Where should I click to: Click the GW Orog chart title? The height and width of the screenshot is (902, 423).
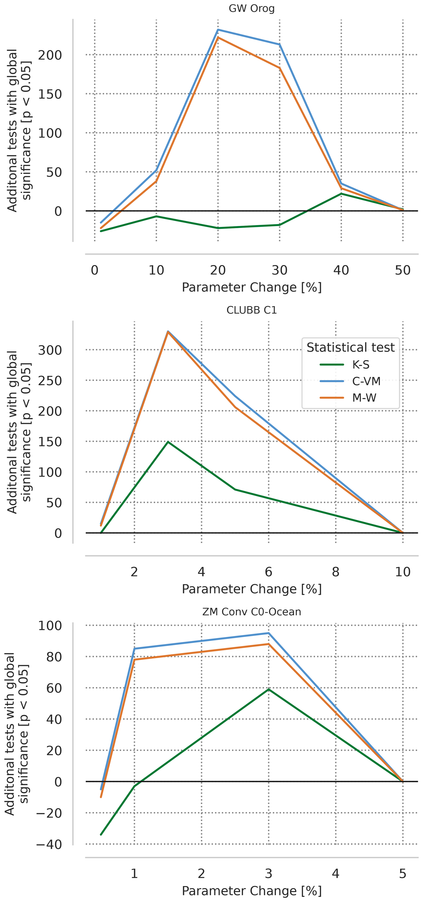[x=252, y=9]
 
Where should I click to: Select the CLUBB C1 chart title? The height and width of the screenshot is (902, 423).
[x=252, y=310]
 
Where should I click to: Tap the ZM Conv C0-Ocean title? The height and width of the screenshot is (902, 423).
[x=252, y=612]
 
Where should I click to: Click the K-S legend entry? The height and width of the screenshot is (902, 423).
[x=361, y=365]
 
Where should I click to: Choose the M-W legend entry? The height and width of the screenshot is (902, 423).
[x=364, y=398]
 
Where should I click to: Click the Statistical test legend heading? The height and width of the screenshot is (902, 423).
[x=350, y=347]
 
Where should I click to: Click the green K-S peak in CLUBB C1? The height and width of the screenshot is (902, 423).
[x=168, y=442]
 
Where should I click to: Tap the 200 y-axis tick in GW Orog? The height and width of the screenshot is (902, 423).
[x=50, y=55]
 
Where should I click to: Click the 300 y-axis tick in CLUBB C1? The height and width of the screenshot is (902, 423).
[x=50, y=350]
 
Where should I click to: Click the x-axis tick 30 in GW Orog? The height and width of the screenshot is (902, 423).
[x=279, y=270]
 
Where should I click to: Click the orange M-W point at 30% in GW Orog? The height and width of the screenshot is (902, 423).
[x=279, y=68]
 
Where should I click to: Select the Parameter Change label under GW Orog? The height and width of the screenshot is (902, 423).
[x=252, y=287]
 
